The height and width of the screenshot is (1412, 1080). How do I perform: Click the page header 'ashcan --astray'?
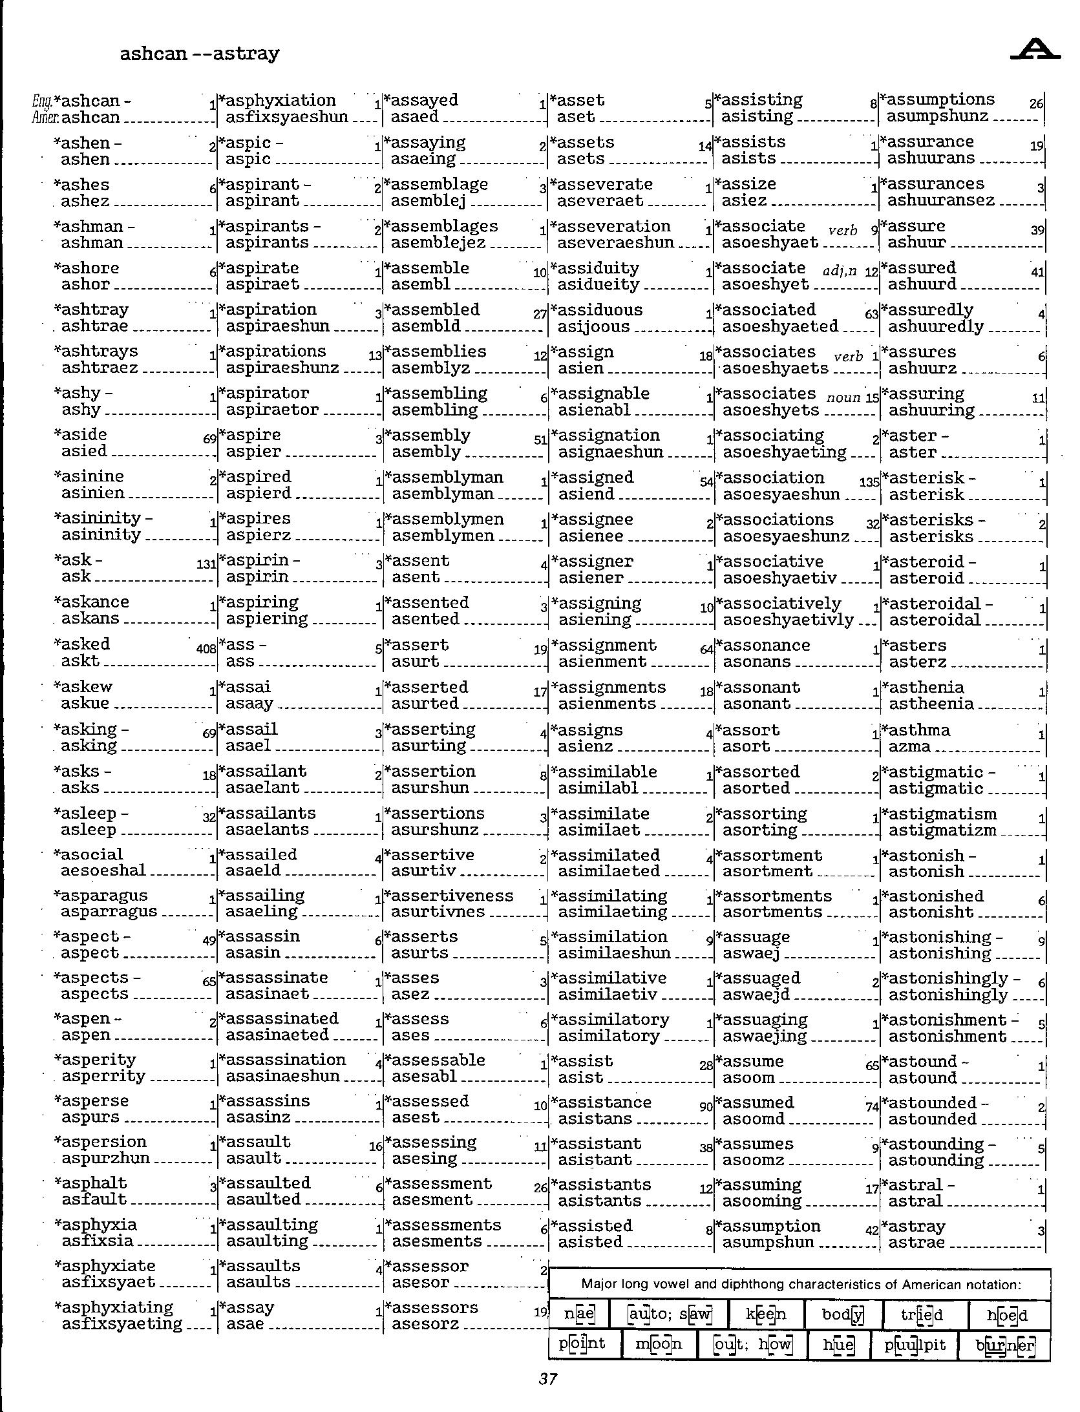pyautogui.click(x=199, y=53)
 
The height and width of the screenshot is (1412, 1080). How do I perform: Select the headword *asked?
pyautogui.click(x=82, y=644)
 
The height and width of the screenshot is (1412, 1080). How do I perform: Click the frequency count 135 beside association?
pyautogui.click(x=869, y=482)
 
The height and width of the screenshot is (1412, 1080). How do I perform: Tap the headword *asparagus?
pyautogui.click(x=101, y=896)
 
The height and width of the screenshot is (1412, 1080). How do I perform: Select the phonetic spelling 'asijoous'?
pyautogui.click(x=593, y=326)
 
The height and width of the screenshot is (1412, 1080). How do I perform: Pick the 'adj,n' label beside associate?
pyautogui.click(x=840, y=271)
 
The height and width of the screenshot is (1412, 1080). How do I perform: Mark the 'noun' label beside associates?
pyautogui.click(x=843, y=397)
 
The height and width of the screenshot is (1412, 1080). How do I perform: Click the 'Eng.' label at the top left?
pyautogui.click(x=42, y=101)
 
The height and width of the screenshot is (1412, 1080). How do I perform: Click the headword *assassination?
pyautogui.click(x=282, y=1060)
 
